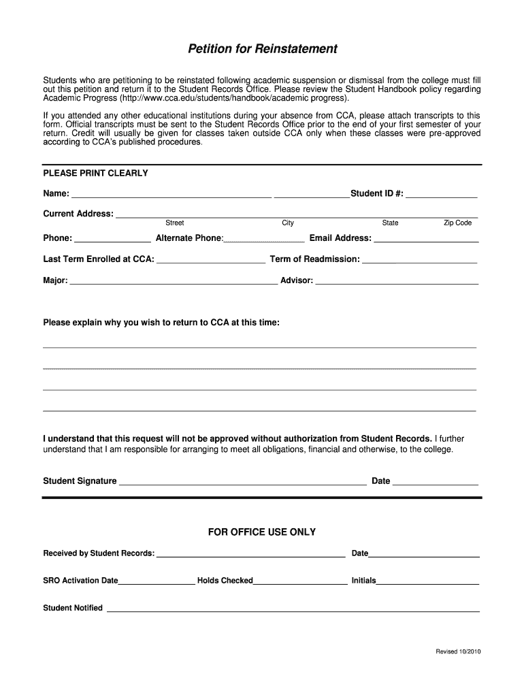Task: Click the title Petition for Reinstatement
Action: click(x=263, y=49)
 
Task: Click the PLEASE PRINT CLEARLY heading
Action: click(x=95, y=174)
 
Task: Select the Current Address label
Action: click(x=78, y=214)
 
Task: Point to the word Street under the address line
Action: click(x=175, y=223)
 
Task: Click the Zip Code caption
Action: click(x=458, y=223)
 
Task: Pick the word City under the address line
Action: click(x=288, y=223)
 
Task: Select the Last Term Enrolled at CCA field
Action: click(x=211, y=260)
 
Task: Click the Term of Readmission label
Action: click(x=315, y=259)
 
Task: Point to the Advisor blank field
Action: click(x=397, y=281)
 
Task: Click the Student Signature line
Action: click(x=242, y=483)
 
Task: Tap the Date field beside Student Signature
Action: click(x=436, y=483)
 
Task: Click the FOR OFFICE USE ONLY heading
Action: click(x=262, y=532)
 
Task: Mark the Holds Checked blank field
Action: click(x=300, y=582)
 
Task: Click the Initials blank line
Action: click(x=428, y=582)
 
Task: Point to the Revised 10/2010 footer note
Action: click(x=459, y=652)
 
